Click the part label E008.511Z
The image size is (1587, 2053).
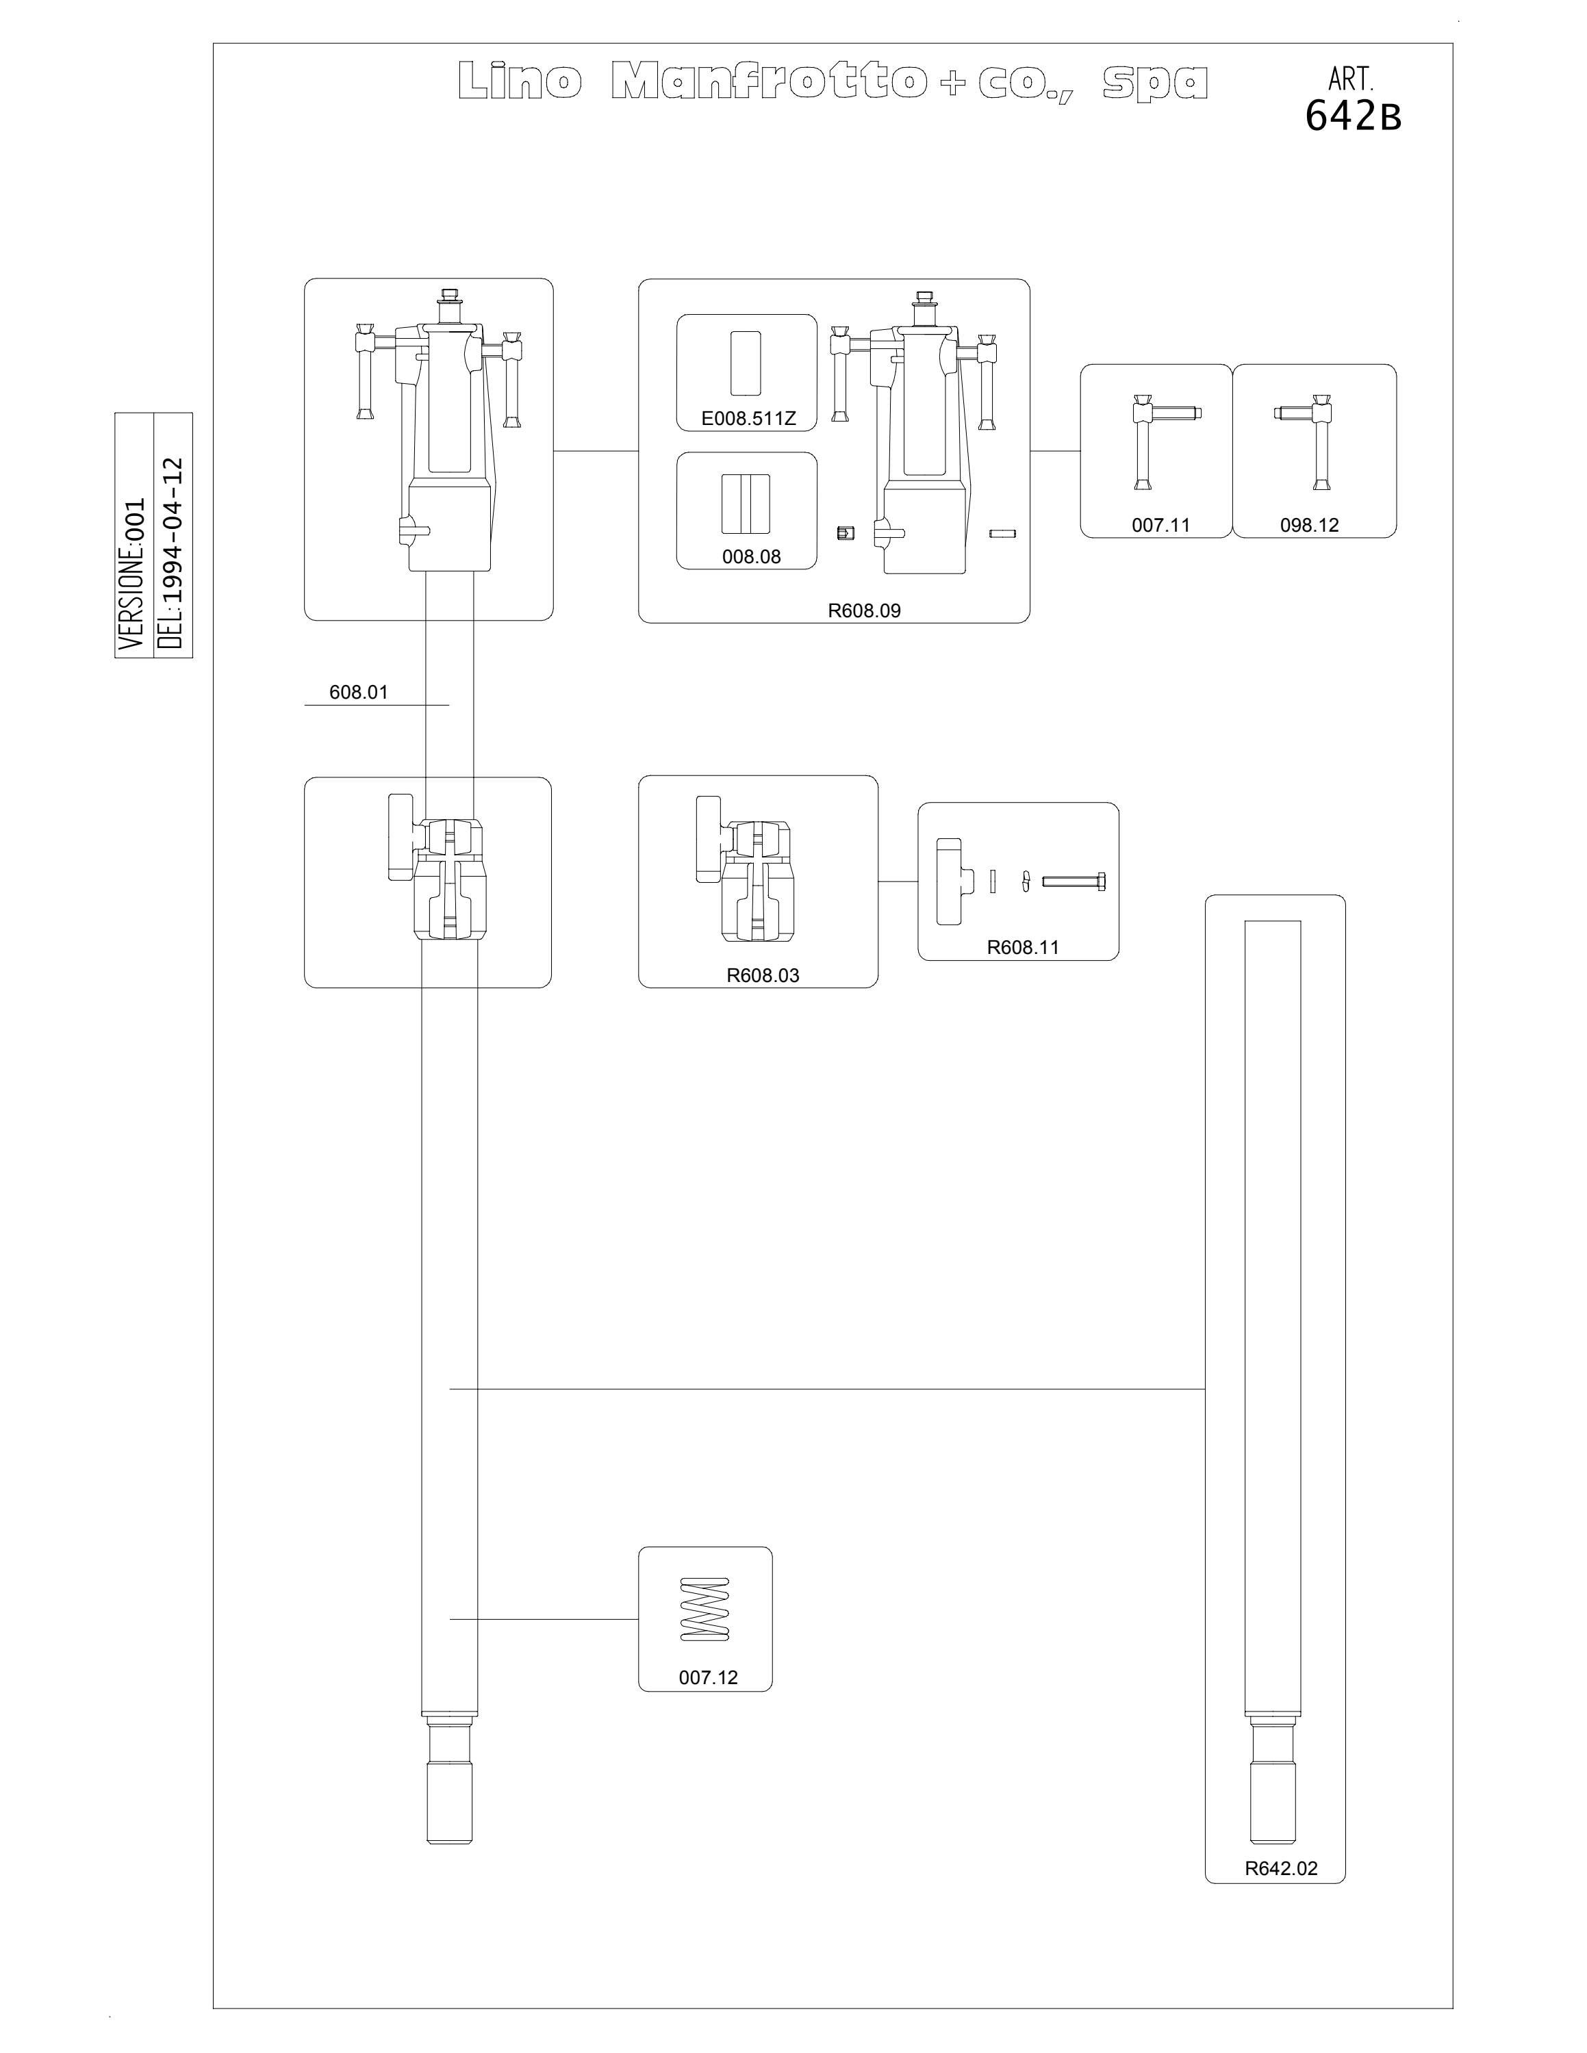click(748, 418)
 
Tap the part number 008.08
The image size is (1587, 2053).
click(751, 556)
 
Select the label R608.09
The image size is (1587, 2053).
click(864, 610)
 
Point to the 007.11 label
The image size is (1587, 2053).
click(1160, 524)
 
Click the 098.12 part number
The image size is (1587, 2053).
click(1309, 524)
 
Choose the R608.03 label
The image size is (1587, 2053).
click(763, 974)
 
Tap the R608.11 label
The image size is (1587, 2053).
click(1023, 946)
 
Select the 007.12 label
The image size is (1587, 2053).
click(708, 1677)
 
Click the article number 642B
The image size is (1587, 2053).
click(1353, 116)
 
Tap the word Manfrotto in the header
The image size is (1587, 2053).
click(765, 82)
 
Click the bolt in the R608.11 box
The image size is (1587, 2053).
click(1074, 881)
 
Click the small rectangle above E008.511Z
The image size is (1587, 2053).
click(746, 363)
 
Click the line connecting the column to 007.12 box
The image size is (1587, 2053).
click(544, 1618)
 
